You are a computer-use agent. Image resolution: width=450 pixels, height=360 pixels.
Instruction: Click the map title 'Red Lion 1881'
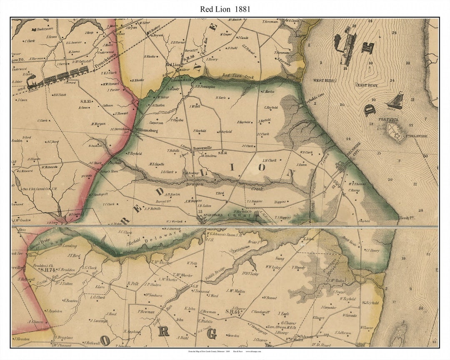coord(225,9)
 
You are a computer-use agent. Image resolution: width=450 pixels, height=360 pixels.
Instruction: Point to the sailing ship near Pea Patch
coord(396,100)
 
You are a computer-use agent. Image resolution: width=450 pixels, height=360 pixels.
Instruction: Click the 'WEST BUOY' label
coord(324,80)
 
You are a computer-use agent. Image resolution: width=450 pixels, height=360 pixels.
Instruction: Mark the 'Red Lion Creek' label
coord(237,76)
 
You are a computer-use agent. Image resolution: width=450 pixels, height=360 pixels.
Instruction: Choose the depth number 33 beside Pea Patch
coord(410,125)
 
